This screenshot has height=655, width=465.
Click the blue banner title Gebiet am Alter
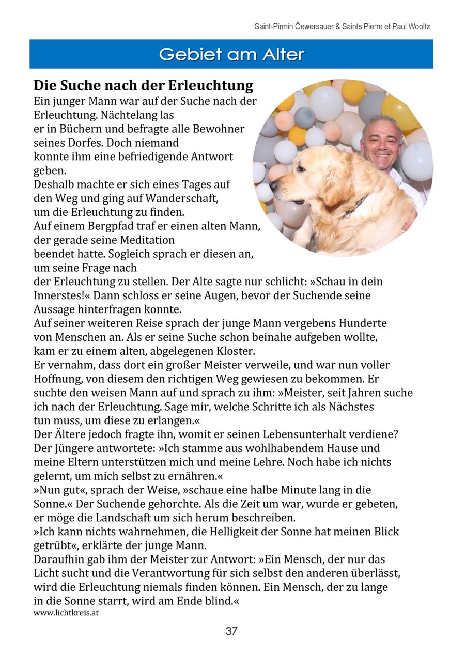(x=231, y=54)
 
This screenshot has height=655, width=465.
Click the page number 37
(x=231, y=631)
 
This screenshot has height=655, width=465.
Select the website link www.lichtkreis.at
(x=66, y=613)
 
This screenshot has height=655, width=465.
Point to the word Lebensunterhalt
(x=293, y=434)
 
